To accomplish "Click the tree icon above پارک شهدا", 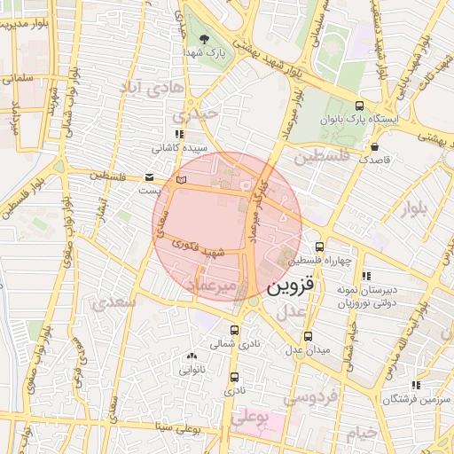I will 205,39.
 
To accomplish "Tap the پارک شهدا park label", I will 207,53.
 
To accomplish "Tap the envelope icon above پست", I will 148,176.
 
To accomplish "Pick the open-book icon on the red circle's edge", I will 182,180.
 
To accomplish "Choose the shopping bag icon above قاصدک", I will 375,147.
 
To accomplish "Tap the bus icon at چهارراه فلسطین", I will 319,247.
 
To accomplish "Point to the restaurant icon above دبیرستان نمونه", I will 366,276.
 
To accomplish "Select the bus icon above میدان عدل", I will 308,336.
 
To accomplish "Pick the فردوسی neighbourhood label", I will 311,399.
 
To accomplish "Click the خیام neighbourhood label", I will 362,433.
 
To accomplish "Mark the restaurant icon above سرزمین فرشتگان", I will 414,386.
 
